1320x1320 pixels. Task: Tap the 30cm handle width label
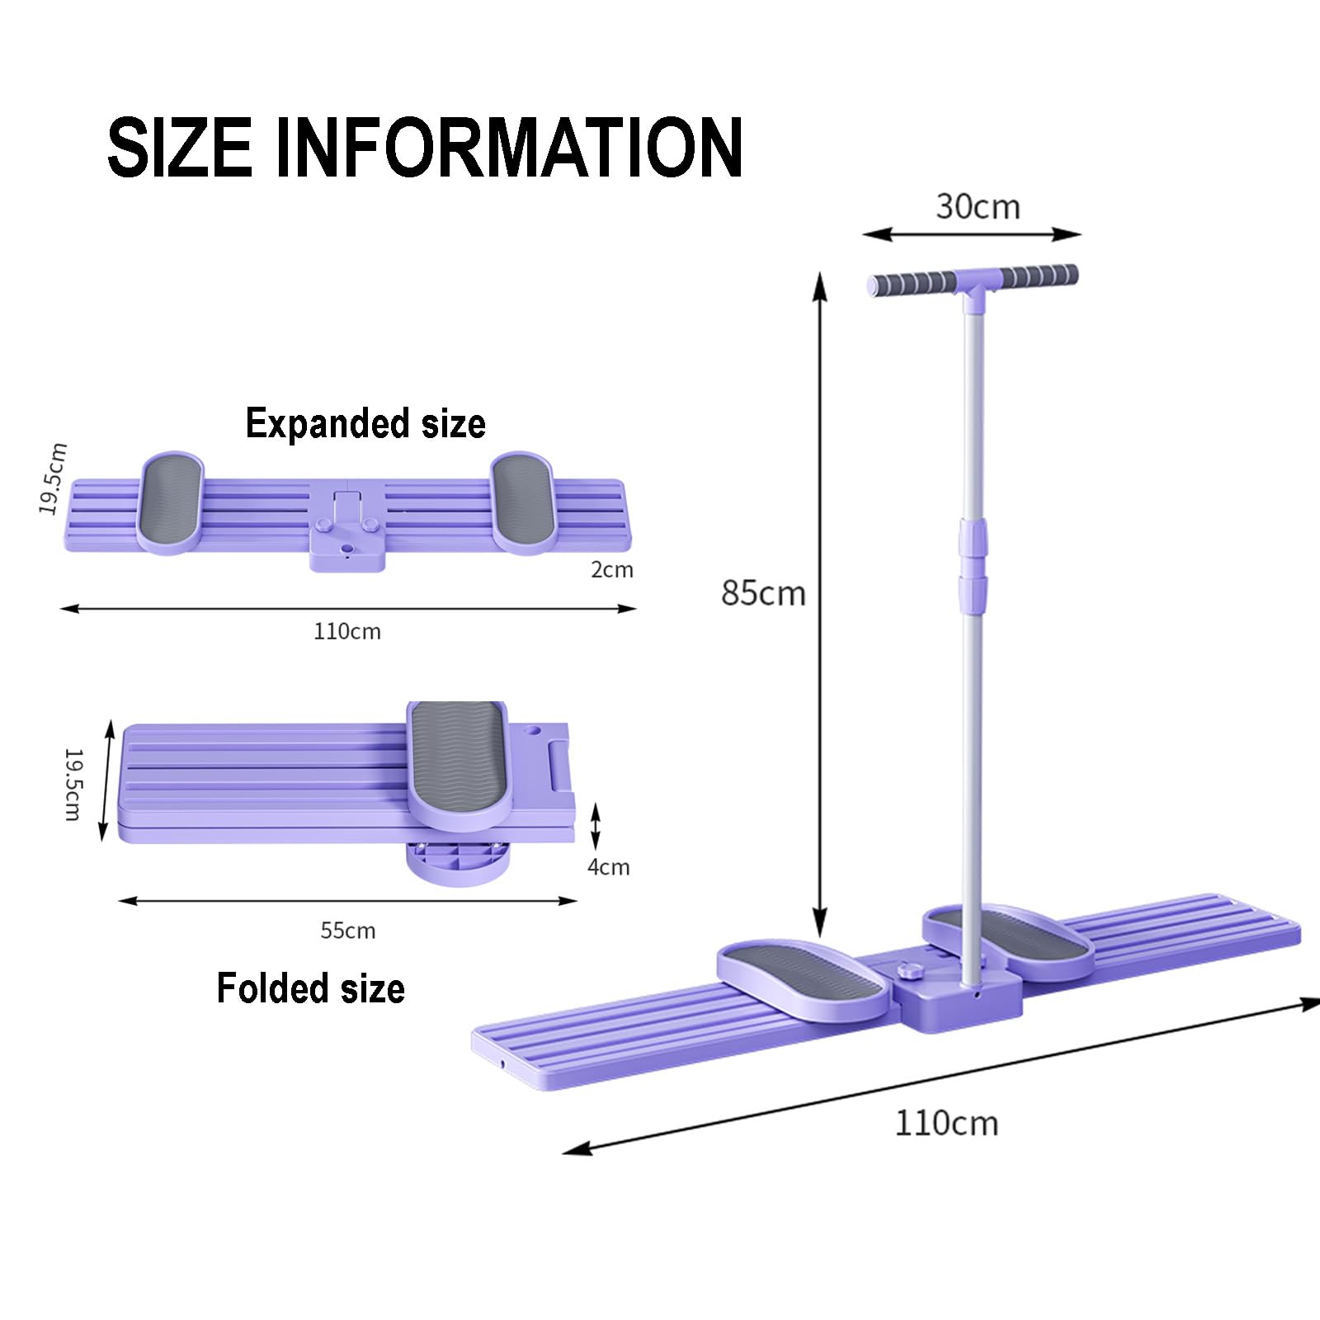978,206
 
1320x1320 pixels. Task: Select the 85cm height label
763,593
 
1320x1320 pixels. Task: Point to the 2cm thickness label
612,569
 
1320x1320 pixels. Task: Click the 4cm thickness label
609,867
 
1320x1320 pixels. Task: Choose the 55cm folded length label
348,931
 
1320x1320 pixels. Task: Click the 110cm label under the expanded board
347,631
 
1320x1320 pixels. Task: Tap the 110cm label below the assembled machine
946,1124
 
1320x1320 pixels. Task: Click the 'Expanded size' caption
365,424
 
